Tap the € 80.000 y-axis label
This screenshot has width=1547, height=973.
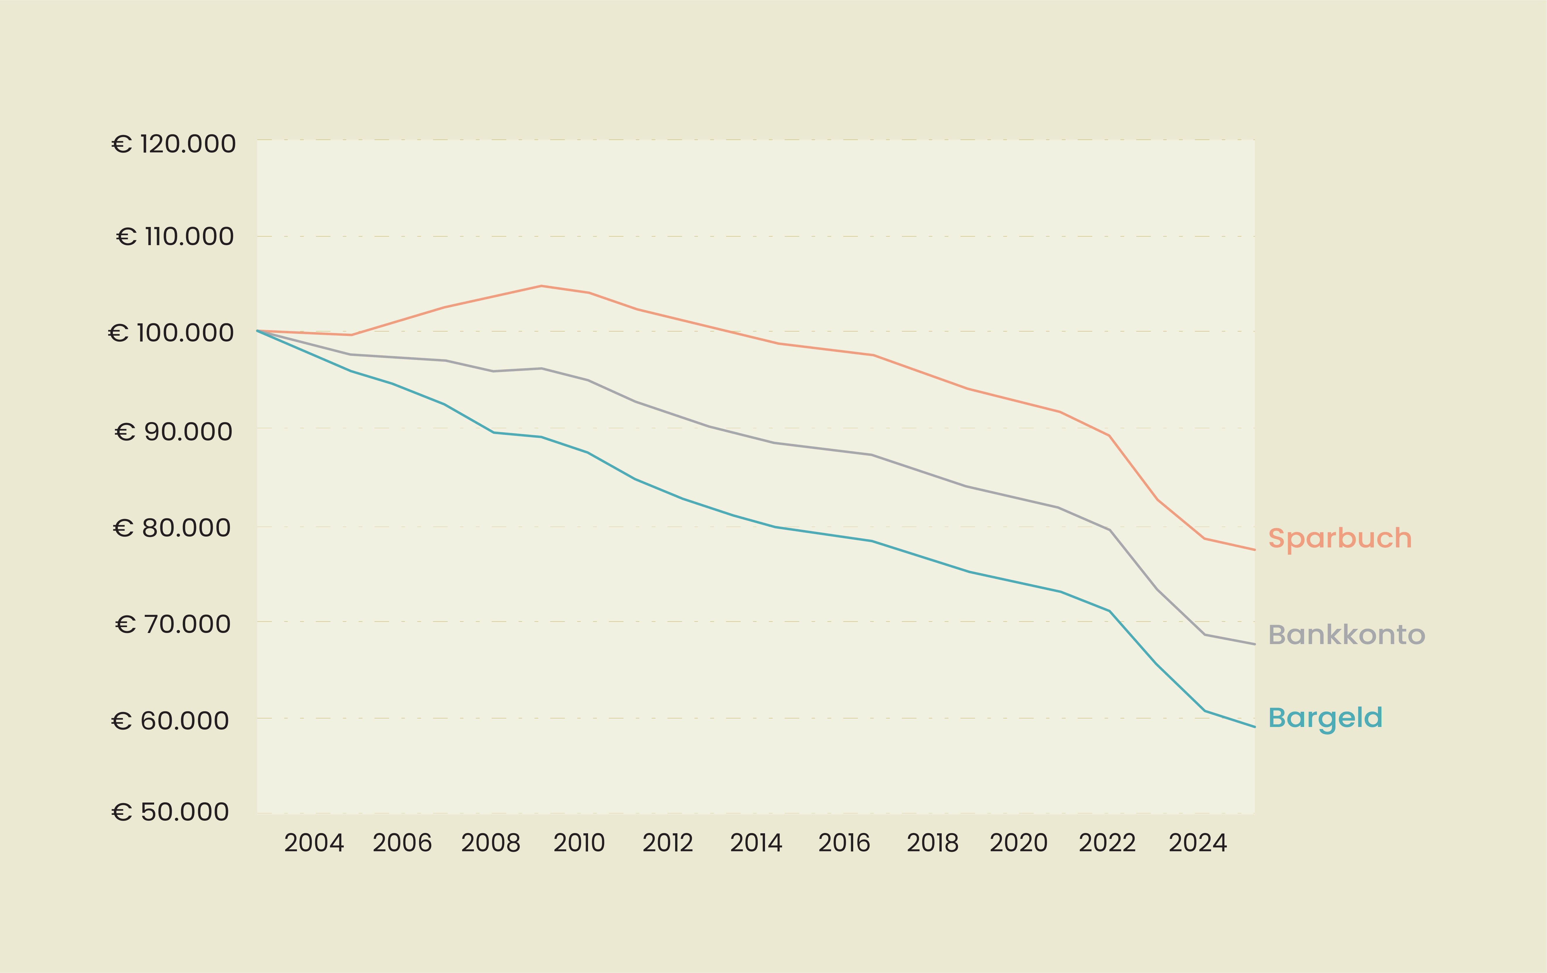pos(171,528)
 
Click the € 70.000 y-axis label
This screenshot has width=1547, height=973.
pos(173,624)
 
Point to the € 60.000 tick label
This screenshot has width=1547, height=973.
pos(170,721)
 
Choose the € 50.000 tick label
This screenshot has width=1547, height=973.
pos(170,812)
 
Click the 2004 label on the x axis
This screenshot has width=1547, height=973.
pos(314,843)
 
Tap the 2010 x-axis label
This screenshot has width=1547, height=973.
pos(579,843)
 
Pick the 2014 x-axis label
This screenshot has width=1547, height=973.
pos(756,843)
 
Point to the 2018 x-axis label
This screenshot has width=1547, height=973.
pos(932,843)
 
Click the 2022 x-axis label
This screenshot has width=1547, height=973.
pos(1107,843)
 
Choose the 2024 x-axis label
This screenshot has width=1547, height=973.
pos(1197,843)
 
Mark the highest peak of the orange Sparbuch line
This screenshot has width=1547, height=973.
pos(541,286)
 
